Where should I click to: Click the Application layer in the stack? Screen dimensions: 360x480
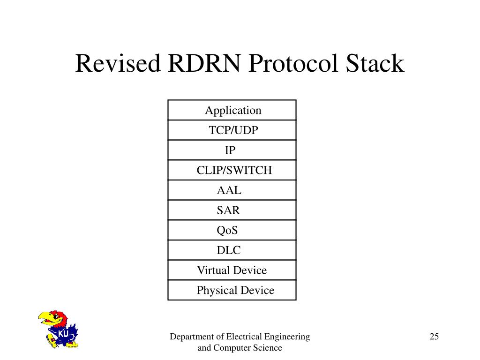tap(232, 111)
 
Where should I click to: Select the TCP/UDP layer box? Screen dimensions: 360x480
tap(233, 130)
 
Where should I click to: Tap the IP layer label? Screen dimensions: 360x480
tap(230, 150)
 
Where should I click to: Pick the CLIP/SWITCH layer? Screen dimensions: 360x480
tap(234, 170)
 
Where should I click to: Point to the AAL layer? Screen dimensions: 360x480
tap(229, 190)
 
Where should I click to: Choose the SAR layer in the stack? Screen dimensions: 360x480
tap(228, 210)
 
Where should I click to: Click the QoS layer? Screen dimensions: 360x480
tap(227, 231)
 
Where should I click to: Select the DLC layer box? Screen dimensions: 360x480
tap(228, 250)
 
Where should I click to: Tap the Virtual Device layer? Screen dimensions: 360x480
tap(232, 270)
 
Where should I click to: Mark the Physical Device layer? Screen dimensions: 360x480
tap(235, 290)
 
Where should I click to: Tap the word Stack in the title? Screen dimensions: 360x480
tap(375, 63)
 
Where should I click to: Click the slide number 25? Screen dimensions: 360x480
tap(434, 337)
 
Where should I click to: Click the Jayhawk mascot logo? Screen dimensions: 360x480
tap(57, 329)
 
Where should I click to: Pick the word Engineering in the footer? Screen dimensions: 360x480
tap(286, 337)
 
